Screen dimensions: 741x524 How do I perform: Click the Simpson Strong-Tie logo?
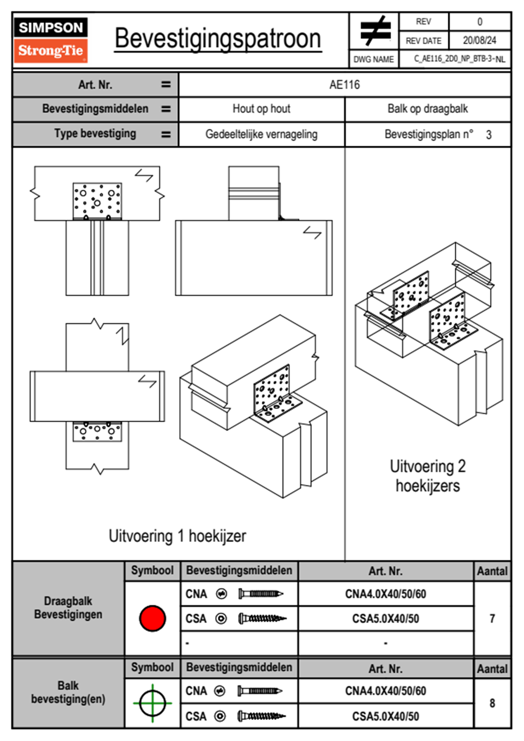pos(51,40)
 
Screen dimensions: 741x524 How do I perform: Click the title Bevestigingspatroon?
pos(218,39)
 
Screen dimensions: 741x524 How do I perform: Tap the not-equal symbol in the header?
pos(375,31)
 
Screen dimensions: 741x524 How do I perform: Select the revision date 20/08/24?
pos(479,41)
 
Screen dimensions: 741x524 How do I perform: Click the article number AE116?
pos(344,85)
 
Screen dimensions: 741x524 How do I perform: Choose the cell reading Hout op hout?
pos(261,109)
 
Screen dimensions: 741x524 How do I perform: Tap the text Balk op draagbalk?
pos(427,109)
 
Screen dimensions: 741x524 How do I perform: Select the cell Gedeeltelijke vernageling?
pos(261,134)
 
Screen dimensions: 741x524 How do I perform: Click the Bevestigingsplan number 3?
pos(488,135)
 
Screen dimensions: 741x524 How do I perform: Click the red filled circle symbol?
pos(152,618)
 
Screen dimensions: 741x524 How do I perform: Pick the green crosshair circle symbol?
pos(152,703)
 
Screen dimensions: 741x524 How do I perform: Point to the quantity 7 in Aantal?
pos(492,619)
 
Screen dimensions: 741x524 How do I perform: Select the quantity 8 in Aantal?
pos(492,703)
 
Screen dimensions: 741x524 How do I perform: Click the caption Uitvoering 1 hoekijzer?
pos(177,536)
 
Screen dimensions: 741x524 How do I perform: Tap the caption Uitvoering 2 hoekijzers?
pos(427,476)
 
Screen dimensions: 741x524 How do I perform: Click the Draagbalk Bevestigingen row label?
pos(68,608)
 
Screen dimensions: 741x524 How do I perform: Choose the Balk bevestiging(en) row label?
pos(68,692)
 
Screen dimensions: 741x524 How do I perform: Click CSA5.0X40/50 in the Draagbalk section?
pos(385,619)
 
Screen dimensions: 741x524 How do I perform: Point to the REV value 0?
pos(480,22)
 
